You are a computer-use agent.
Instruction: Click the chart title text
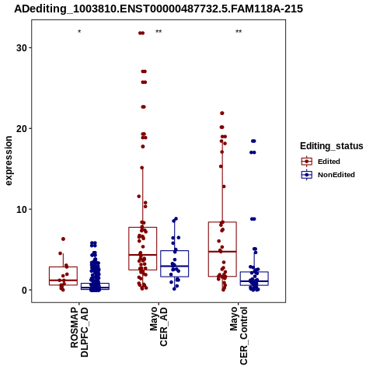click(x=159, y=9)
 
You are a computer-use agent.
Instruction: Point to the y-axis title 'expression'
click(x=9, y=161)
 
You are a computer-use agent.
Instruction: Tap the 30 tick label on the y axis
click(x=22, y=47)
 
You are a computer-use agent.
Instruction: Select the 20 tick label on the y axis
click(x=22, y=128)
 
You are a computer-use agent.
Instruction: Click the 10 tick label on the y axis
click(x=22, y=209)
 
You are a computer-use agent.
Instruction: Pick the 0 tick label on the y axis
click(x=25, y=290)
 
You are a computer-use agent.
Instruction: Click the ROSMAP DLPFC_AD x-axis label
click(x=79, y=332)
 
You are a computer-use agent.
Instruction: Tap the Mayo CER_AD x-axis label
click(x=159, y=326)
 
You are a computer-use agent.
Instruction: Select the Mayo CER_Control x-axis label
click(x=239, y=336)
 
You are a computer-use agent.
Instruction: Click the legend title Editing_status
click(x=332, y=146)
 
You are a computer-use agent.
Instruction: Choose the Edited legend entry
click(x=321, y=162)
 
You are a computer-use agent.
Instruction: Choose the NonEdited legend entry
click(x=328, y=175)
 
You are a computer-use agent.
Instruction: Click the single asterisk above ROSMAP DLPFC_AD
click(x=79, y=32)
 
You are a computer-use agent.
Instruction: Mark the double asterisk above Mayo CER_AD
click(x=159, y=32)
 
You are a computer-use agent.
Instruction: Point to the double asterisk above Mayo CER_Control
click(x=239, y=32)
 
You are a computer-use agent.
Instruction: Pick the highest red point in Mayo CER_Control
click(x=222, y=113)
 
